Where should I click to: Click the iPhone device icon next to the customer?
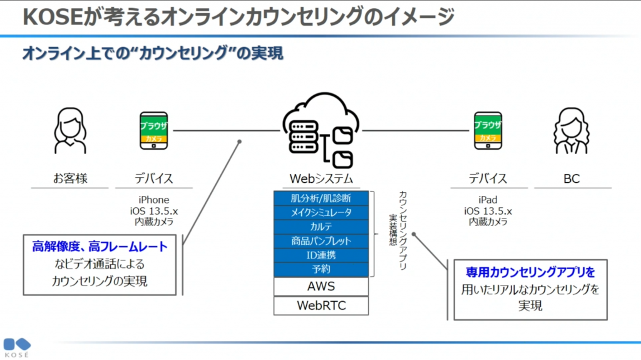click(x=153, y=130)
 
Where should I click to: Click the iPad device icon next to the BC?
click(x=488, y=130)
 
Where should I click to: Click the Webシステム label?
click(x=320, y=178)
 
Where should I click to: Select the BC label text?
click(x=571, y=178)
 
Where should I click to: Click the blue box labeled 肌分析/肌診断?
click(x=320, y=198)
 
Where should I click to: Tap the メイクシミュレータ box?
click(x=320, y=212)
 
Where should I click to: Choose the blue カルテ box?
click(x=320, y=227)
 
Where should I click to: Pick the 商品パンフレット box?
click(x=320, y=241)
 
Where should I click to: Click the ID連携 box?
click(x=320, y=255)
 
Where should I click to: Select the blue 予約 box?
click(x=320, y=270)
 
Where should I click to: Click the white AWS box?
click(x=320, y=287)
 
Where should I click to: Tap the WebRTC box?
click(x=320, y=306)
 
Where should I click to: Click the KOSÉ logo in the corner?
click(x=16, y=347)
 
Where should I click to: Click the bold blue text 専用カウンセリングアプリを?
click(x=530, y=272)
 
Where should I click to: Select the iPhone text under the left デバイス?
click(x=153, y=200)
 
